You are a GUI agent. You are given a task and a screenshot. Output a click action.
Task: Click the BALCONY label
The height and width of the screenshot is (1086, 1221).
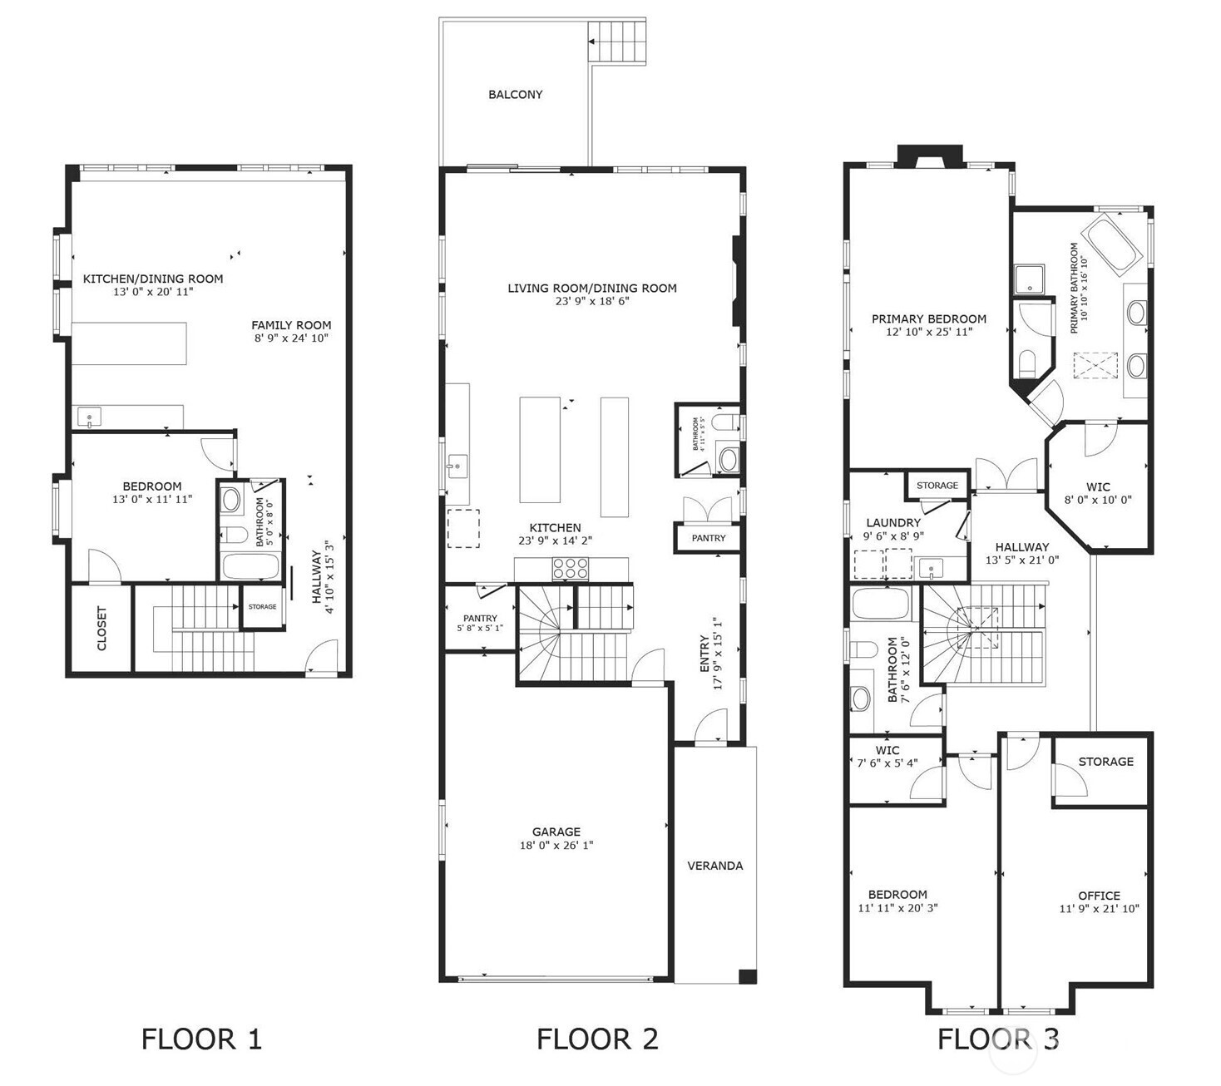(516, 95)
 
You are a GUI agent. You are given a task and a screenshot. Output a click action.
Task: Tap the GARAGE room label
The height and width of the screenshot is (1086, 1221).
(556, 832)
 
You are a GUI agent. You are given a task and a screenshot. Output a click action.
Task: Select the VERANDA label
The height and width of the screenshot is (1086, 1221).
(714, 866)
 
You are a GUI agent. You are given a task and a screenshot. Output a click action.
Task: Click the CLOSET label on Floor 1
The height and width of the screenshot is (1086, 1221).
(101, 628)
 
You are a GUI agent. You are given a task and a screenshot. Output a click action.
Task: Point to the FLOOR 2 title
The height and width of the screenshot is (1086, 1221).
(597, 1039)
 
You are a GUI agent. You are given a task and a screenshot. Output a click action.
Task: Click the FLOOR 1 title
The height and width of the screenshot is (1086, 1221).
(201, 1039)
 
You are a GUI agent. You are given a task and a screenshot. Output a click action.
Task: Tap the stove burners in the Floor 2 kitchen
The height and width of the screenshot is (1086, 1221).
(570, 569)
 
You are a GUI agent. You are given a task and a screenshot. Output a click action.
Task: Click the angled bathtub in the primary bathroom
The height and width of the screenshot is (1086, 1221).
(1114, 247)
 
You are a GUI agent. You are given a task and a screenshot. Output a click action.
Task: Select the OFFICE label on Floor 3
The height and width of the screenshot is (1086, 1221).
(1099, 896)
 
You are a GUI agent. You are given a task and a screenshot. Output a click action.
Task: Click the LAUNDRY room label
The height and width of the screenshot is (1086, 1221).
(893, 522)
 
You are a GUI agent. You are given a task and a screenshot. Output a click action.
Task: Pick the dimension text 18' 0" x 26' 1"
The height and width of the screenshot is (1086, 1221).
(556, 845)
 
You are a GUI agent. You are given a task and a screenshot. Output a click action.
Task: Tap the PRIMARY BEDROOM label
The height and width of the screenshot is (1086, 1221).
(929, 318)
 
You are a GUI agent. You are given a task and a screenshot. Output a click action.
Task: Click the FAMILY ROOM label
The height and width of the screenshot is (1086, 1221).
(291, 325)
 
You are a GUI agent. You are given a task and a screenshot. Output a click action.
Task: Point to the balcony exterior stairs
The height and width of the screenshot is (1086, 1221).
(616, 42)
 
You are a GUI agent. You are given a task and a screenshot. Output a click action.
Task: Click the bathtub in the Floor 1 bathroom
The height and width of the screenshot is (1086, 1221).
(250, 566)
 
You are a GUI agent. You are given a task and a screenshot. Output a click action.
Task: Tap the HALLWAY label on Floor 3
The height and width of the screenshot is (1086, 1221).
(1021, 546)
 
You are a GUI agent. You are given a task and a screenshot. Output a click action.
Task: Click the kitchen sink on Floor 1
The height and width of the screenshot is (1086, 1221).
(89, 417)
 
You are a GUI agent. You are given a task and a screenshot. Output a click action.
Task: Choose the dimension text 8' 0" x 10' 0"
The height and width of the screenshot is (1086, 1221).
(1097, 500)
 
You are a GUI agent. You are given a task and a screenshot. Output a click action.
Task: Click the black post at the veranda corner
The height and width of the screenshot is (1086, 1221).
(747, 976)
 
